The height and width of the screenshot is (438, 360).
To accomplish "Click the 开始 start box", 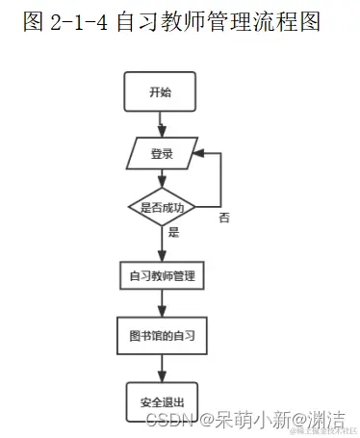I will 160,93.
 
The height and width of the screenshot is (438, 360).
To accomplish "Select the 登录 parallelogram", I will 162,153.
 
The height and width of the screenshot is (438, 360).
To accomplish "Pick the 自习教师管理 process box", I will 162,275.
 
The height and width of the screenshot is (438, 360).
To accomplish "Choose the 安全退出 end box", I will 162,401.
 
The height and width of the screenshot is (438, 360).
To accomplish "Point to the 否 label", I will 224,219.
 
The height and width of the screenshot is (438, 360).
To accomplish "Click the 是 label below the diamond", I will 173,232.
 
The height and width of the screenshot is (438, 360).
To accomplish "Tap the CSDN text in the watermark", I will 162,420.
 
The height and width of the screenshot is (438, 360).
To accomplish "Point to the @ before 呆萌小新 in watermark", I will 204,420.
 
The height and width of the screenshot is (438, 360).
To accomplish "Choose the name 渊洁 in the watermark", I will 325,420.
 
